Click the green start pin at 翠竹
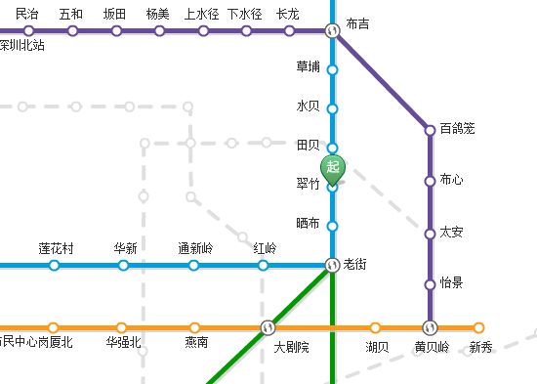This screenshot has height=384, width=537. coord(333,168)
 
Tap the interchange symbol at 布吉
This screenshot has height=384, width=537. coord(332,30)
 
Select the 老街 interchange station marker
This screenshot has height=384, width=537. coord(332,265)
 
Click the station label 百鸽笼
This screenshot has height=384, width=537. coord(457,129)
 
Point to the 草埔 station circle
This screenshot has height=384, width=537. coord(332,70)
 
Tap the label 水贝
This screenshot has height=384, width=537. coord(308,106)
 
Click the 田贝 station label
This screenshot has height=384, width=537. coord(308,146)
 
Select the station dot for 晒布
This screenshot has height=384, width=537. coord(332,226)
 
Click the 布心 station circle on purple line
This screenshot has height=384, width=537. coord(430,181)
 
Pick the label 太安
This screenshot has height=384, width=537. coord(451,233)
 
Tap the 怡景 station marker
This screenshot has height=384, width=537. coord(430,284)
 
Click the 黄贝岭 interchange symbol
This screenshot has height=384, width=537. coord(430,327)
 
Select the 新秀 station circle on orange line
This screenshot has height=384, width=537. coord(478,327)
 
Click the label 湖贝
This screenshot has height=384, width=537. coord(377,346)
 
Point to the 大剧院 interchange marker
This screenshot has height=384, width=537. coord(268,327)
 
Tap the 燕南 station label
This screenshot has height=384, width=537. coord(196,343)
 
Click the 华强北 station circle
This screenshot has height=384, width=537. coord(121,327)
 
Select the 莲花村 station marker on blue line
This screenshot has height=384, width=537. coord(55,265)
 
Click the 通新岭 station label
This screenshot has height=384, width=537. coord(194,248)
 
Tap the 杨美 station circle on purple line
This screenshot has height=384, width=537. coord(159,30)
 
